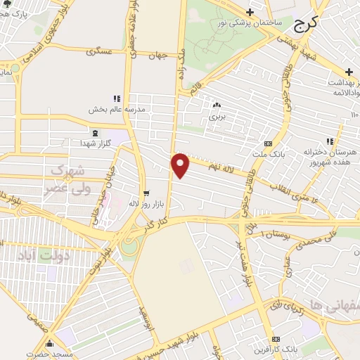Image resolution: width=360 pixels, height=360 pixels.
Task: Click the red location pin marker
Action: (181, 165)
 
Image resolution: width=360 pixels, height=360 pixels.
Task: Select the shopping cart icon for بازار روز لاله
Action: (146, 193)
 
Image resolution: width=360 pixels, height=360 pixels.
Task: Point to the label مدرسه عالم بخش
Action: (116, 109)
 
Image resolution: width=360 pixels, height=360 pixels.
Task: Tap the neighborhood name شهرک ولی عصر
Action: (68, 179)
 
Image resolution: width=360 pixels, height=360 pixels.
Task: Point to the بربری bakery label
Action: (217, 117)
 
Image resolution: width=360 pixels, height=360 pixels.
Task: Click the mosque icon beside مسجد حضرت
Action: (49, 344)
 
